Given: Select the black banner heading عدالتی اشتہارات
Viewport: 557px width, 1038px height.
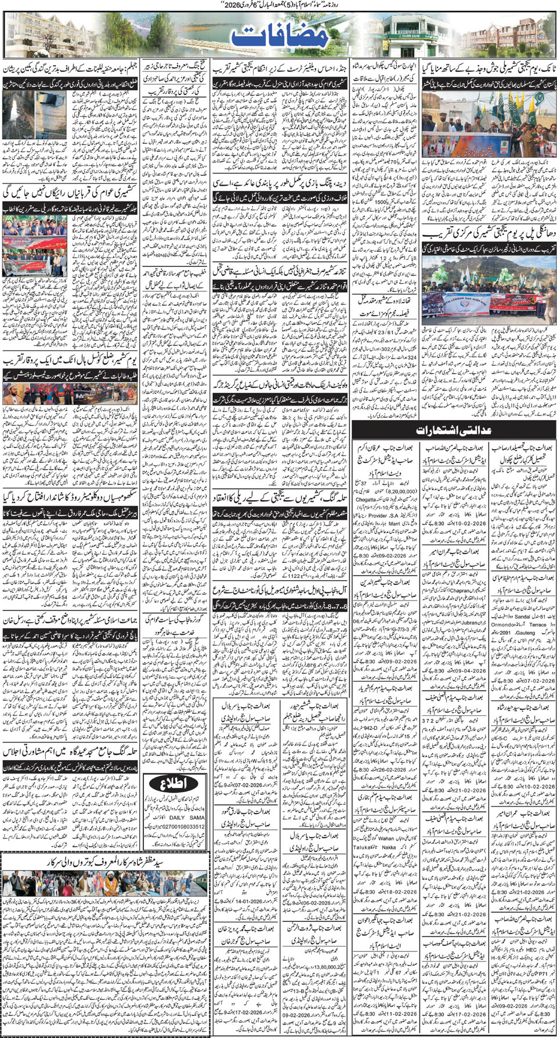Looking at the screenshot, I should click(x=453, y=430).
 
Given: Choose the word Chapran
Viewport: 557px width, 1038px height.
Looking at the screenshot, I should click(x=461, y=590).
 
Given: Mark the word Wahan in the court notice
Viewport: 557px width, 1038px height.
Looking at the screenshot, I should click(x=386, y=838).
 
